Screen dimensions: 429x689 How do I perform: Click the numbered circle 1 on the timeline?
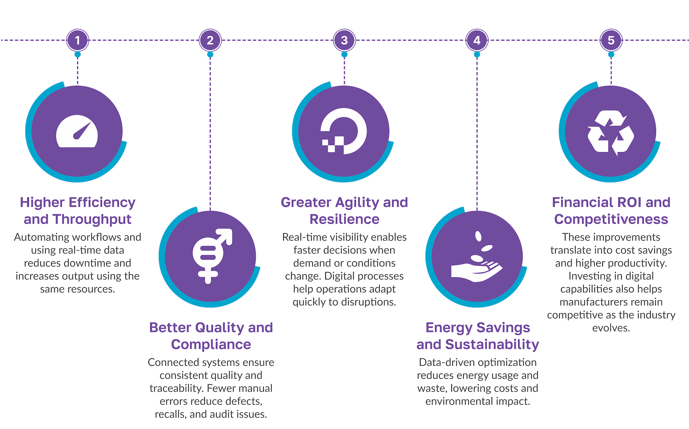coord(78,40)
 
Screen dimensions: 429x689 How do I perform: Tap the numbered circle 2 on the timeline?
coord(210,40)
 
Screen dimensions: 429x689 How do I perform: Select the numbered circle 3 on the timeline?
coord(344,40)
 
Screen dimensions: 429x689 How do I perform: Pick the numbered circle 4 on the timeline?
coord(477,40)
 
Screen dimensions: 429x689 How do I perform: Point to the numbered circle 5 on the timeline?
coord(611,40)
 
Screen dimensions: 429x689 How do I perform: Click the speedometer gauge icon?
coord(77,131)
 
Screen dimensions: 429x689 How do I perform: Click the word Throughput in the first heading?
coord(92,219)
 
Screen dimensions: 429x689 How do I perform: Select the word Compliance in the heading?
coord(211,344)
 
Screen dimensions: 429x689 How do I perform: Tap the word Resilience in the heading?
coord(344,219)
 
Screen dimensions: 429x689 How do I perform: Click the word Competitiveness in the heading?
coord(611,219)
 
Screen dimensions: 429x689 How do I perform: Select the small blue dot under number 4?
coord(477,54)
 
